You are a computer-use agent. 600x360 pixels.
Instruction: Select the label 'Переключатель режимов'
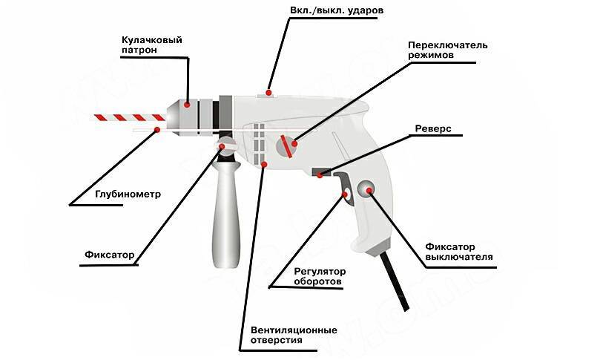tap(448, 50)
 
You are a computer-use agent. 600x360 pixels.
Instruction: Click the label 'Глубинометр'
tap(128, 194)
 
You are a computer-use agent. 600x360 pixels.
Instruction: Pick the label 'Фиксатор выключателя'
tap(459, 252)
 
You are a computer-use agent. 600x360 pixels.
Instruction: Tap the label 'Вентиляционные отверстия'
tap(289, 335)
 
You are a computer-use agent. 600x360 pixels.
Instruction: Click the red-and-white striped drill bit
tap(128, 117)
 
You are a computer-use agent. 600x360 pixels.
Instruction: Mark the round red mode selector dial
tap(286, 146)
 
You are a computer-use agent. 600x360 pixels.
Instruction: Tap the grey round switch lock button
tap(366, 191)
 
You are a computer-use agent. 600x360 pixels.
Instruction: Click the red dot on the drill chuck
tap(188, 105)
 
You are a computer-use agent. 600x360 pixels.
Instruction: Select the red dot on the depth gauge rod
tap(156, 131)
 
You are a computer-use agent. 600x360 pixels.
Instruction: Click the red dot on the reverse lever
tap(320, 174)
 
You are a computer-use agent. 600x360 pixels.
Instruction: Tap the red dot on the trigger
tap(346, 195)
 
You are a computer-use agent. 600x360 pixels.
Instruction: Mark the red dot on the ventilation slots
tap(263, 163)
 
